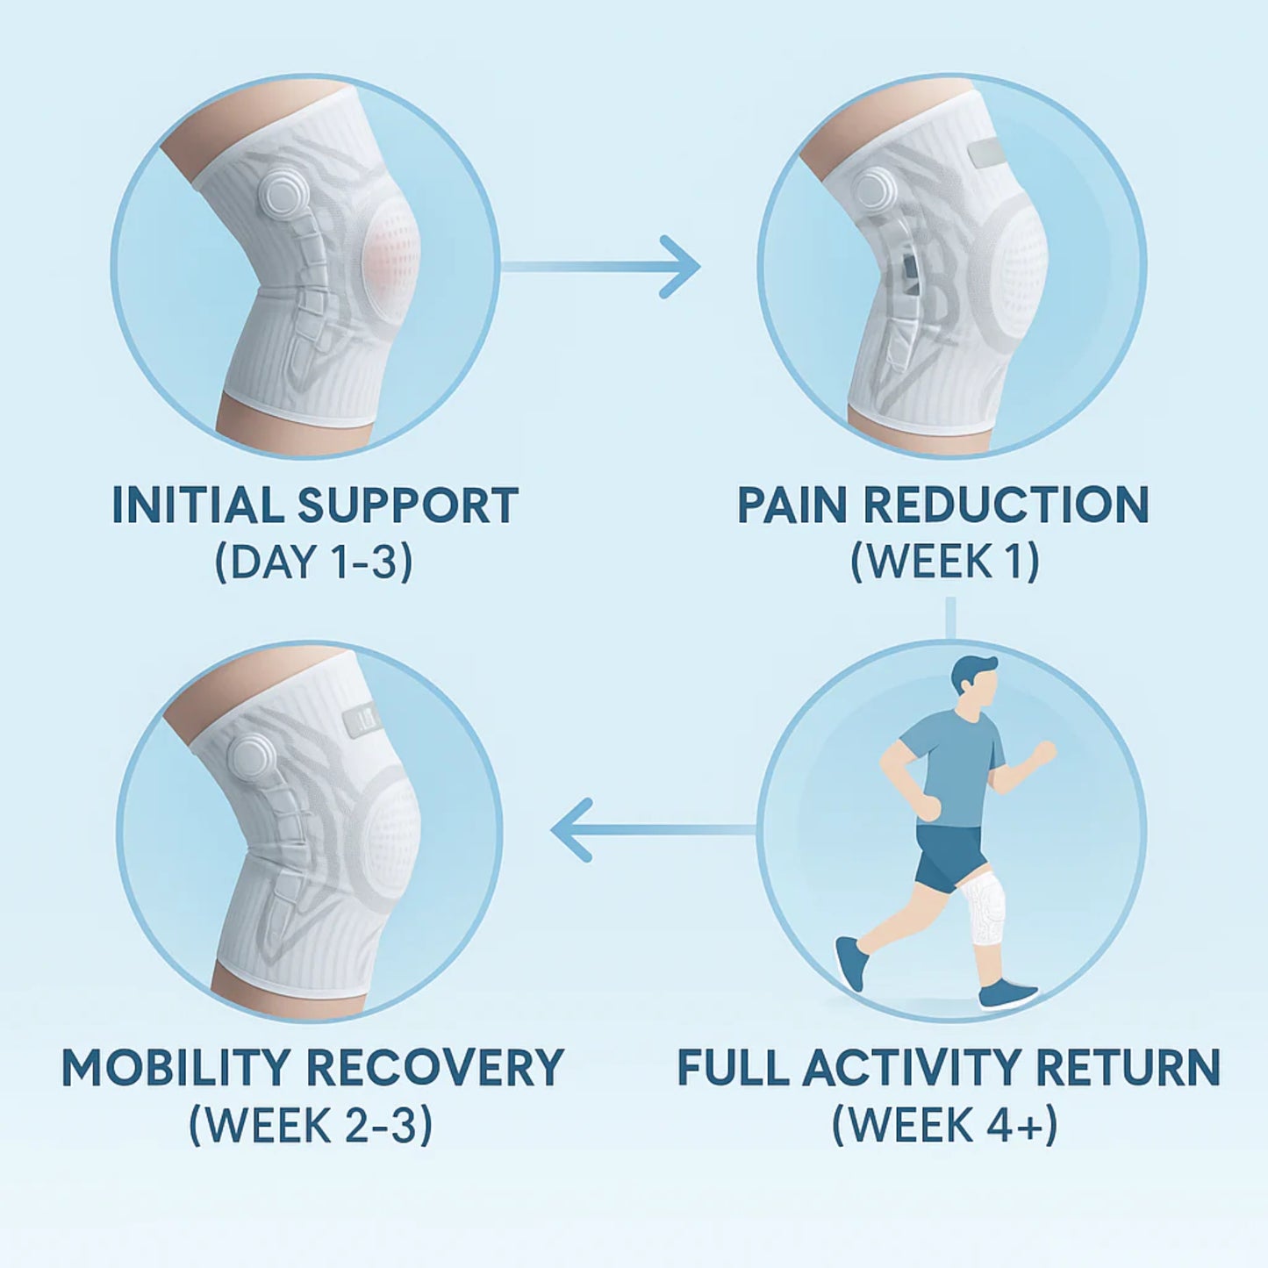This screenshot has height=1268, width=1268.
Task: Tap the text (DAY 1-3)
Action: pos(314,562)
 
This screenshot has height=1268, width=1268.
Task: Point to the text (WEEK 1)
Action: pos(945,562)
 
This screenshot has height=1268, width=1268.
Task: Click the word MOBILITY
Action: pos(176,1068)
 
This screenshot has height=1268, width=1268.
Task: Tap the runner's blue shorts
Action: pos(948,856)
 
